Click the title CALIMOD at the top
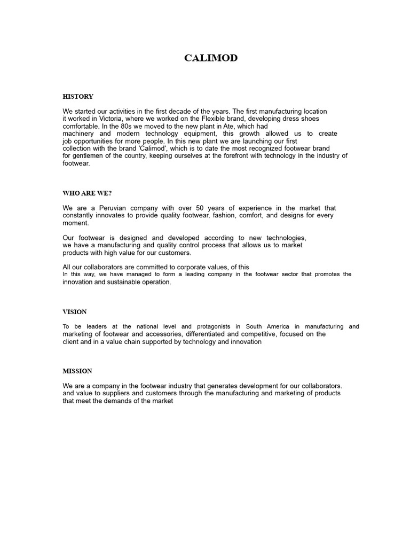point(211,59)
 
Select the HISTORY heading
point(78,97)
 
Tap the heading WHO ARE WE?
point(87,193)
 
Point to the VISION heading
point(75,312)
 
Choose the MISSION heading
point(77,371)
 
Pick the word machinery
point(78,134)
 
